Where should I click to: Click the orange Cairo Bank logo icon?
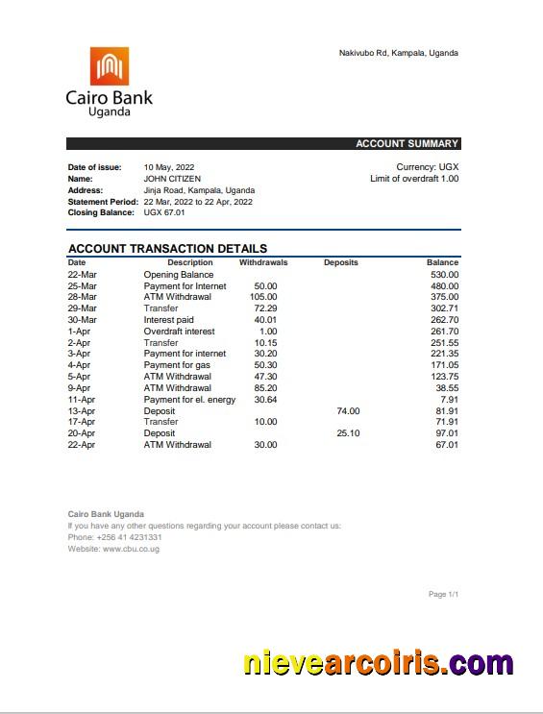point(109,66)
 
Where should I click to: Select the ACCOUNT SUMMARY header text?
point(407,144)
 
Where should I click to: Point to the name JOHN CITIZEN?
point(172,179)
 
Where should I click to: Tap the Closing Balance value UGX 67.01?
point(164,212)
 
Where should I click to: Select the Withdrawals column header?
point(262,262)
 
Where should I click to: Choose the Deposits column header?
point(340,262)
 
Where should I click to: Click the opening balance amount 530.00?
point(444,275)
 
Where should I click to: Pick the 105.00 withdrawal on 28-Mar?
point(263,297)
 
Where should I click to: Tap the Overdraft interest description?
point(179,332)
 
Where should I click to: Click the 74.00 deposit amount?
point(348,411)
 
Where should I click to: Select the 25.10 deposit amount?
point(348,433)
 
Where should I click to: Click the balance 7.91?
point(449,400)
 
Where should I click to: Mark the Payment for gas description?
point(176,365)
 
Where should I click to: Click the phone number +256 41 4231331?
point(128,537)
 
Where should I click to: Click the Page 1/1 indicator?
point(443,595)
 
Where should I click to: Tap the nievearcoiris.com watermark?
point(378,664)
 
